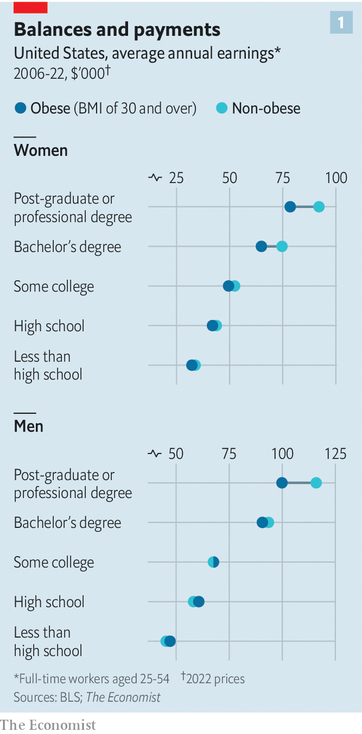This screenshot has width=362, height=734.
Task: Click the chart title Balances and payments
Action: [x=117, y=29]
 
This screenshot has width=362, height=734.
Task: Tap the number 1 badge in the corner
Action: [x=341, y=23]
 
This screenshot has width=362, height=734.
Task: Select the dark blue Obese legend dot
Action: [x=20, y=108]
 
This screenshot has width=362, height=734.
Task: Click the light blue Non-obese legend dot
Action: [x=221, y=108]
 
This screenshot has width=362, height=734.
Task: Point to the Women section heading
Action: [x=40, y=150]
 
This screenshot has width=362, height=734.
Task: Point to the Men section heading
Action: [x=29, y=426]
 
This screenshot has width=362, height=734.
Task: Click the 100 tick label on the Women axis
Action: [x=336, y=178]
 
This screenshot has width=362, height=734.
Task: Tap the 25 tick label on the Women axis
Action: [x=176, y=178]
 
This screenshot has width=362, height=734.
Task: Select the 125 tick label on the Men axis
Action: [x=335, y=453]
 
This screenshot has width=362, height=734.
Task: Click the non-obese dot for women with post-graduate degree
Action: [x=319, y=207]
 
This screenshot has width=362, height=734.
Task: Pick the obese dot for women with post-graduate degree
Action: [x=290, y=207]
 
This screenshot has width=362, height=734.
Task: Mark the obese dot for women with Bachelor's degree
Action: [x=261, y=247]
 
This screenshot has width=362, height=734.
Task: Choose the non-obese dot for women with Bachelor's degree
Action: [x=282, y=247]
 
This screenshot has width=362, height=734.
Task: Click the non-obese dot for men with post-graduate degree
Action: [x=316, y=483]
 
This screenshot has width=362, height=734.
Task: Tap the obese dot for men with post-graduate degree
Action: [x=282, y=483]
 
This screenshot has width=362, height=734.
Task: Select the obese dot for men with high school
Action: [x=199, y=602]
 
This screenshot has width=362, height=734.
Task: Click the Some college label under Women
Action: [x=54, y=287]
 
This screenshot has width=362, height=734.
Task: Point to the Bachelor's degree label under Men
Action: [x=67, y=522]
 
